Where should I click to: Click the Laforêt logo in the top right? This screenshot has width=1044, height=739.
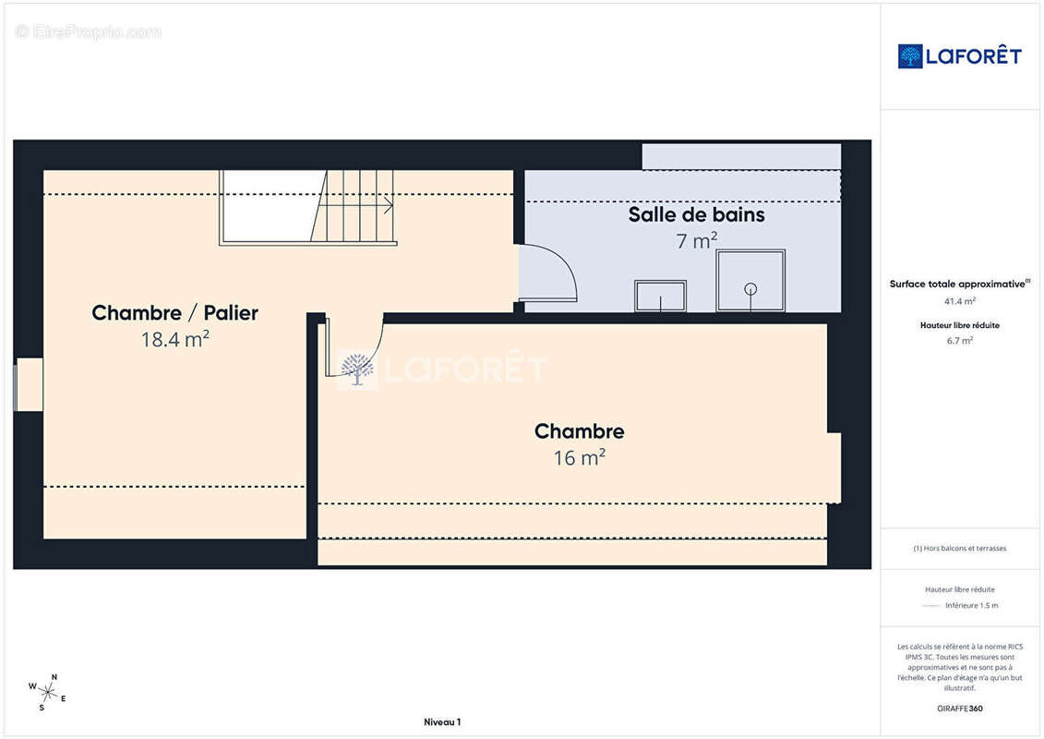959,56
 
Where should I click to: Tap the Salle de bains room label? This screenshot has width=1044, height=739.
696,214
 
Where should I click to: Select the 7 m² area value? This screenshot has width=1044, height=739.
696,240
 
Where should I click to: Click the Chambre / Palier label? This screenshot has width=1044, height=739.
174,312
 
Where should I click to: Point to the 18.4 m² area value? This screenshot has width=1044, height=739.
175,339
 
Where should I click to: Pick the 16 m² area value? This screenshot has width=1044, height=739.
580,458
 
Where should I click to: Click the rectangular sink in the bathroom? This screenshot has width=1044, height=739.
660,296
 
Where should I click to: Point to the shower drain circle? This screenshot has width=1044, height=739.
750,289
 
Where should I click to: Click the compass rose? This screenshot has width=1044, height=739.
47,693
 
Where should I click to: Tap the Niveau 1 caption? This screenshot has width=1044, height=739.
442,722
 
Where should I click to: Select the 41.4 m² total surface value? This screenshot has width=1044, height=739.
959,301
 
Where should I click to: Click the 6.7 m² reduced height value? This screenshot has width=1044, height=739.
959,341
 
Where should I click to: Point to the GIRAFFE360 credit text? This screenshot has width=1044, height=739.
959,709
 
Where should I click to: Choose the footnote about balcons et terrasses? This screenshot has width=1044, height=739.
959,549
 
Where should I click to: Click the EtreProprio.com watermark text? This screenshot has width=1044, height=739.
88,31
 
